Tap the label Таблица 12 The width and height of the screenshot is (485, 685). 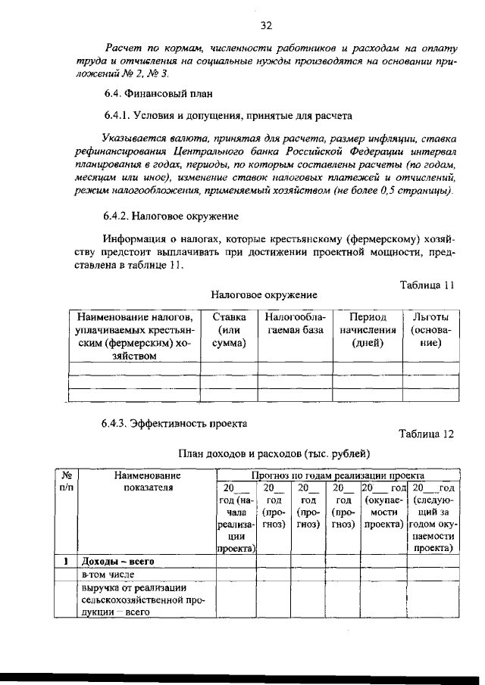426,434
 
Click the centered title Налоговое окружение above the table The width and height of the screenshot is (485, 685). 264,294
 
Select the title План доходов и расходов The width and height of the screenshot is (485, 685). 274,453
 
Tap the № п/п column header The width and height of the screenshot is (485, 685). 66,481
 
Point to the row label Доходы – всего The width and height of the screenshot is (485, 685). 118,562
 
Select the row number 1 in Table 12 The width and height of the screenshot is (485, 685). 66,562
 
